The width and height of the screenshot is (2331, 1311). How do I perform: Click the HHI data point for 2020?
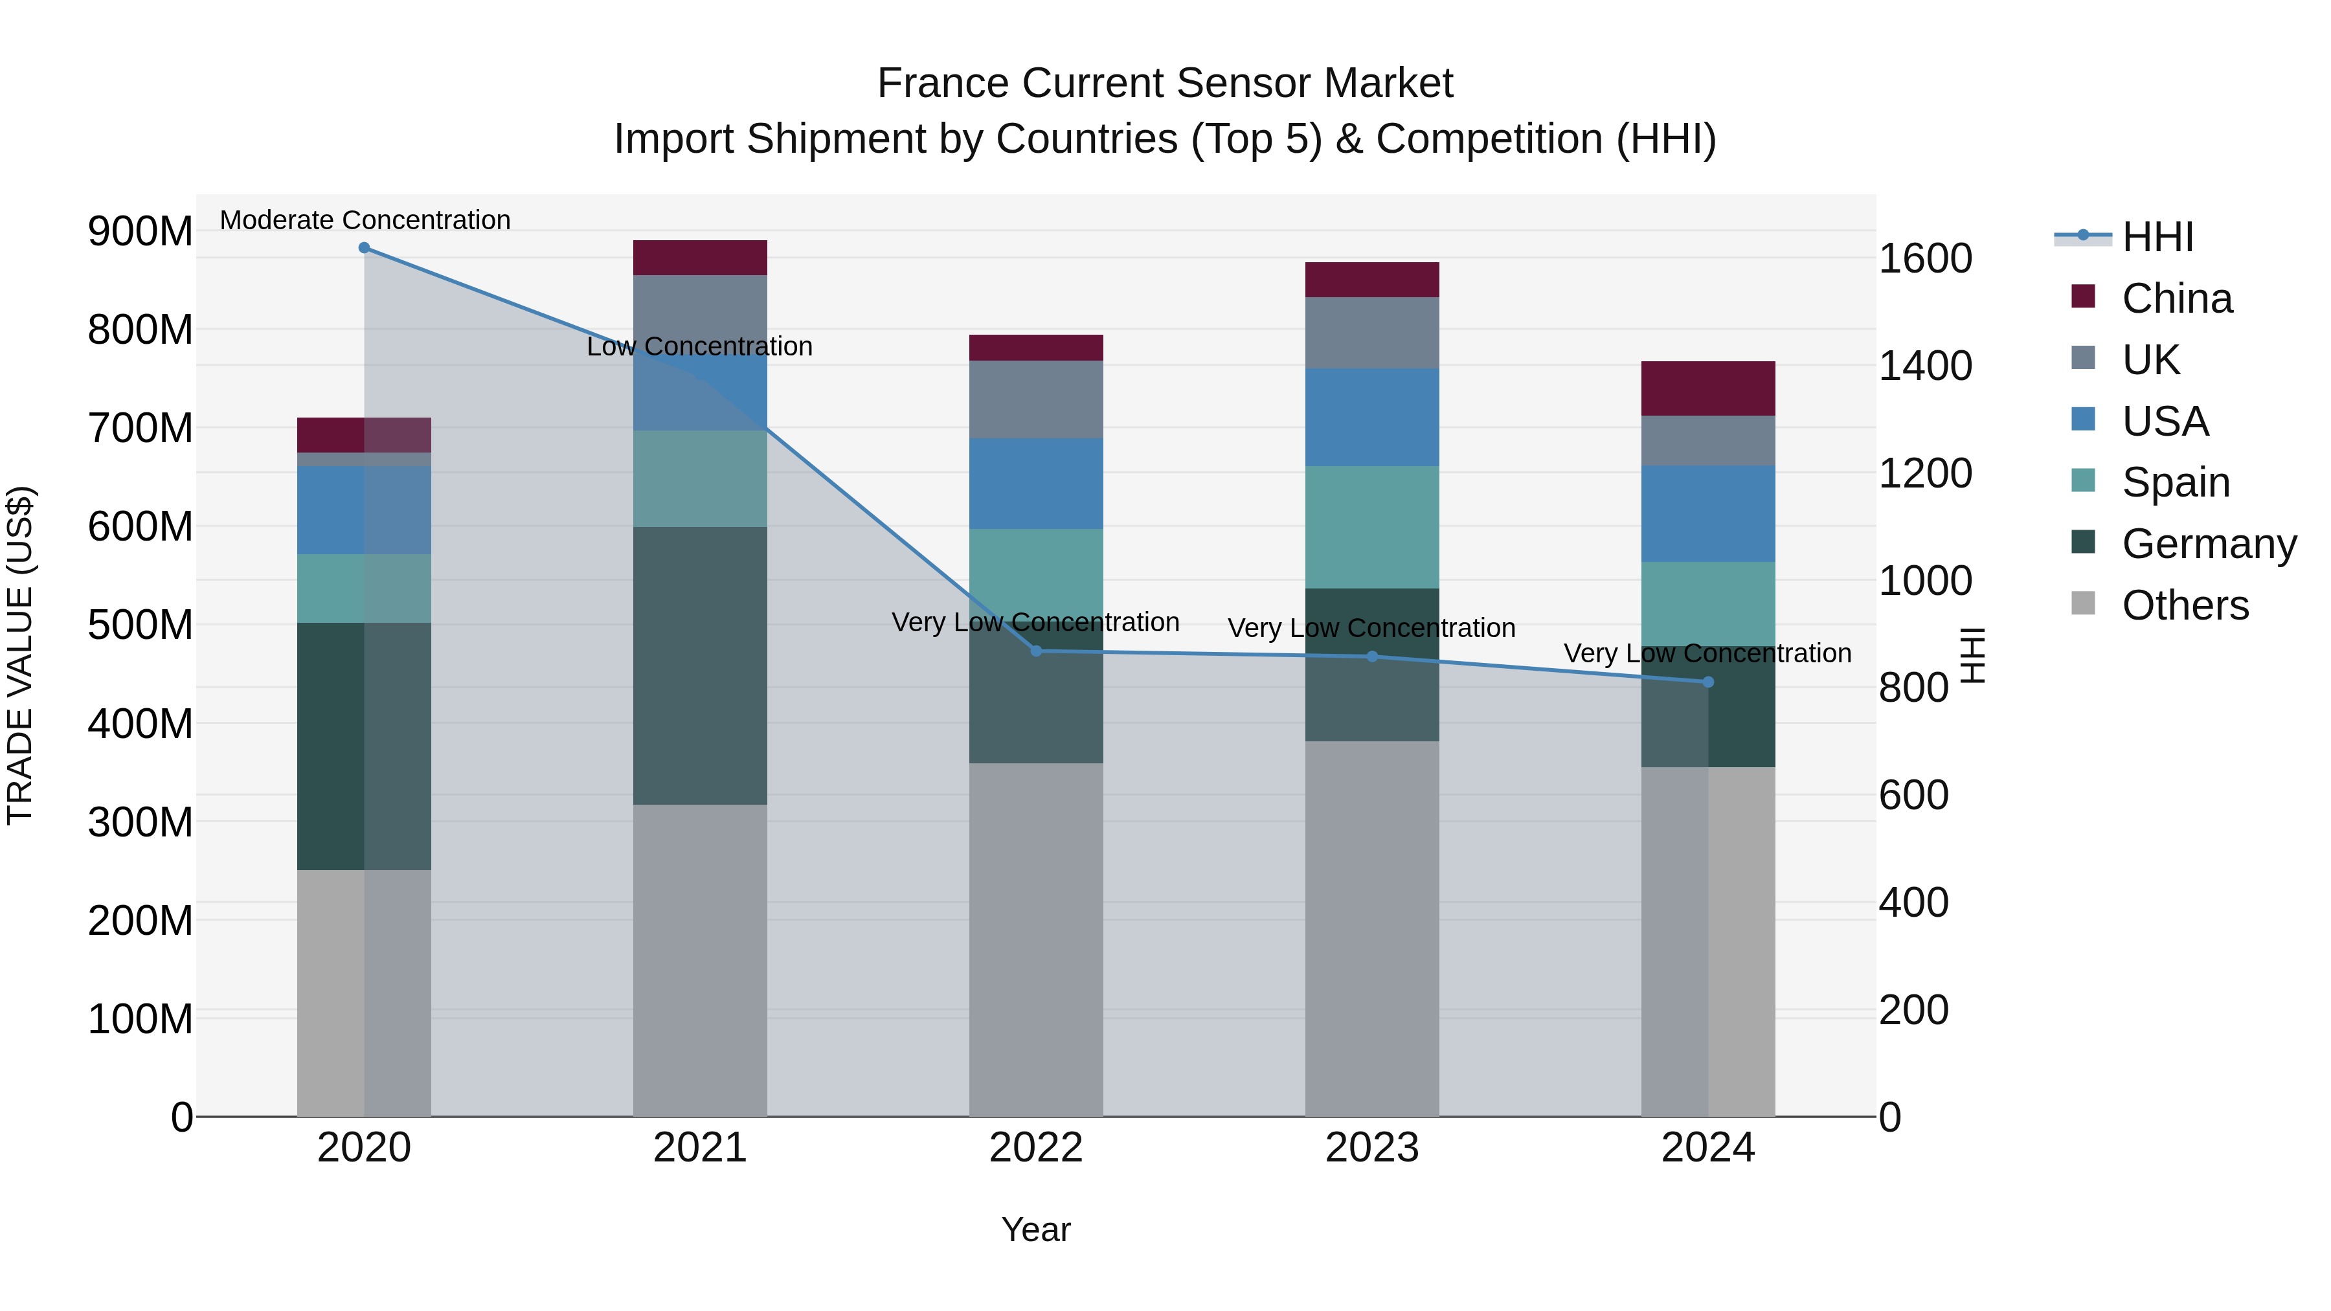[364, 247]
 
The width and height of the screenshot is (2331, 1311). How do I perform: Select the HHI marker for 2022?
[1036, 651]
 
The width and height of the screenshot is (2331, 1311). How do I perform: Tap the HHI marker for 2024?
[1707, 681]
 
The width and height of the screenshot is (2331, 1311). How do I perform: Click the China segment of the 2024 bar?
[1707, 388]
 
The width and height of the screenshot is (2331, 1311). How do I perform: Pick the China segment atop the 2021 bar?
[699, 258]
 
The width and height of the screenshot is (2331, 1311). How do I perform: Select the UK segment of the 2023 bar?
[1372, 332]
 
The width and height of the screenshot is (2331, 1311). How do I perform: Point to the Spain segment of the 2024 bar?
[1707, 603]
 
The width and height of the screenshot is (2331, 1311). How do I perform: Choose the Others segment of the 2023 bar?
[1372, 927]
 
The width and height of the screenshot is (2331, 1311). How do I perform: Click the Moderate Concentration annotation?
[365, 220]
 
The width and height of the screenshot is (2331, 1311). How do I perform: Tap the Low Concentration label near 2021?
[699, 346]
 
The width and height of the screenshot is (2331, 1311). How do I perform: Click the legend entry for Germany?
[2208, 544]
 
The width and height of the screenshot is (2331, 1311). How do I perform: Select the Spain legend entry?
[2176, 482]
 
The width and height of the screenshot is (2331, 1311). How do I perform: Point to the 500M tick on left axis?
[141, 624]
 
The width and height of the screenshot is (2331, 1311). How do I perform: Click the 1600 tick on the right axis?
[1925, 259]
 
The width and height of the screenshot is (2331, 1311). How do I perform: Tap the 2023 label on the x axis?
[1372, 1148]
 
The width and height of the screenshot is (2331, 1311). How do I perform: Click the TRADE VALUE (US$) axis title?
[20, 655]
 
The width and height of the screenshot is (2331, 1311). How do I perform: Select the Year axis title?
[1036, 1229]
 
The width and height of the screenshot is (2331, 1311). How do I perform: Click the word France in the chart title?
[944, 84]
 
